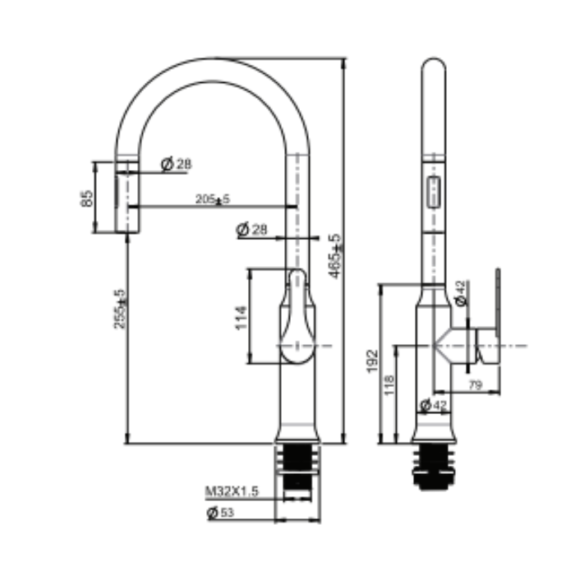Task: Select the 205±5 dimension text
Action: [212, 199]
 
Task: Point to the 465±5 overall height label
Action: [334, 256]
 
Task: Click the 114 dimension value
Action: [241, 316]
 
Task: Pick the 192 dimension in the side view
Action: [371, 359]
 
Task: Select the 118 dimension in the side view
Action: [389, 385]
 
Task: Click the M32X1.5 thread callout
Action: [232, 491]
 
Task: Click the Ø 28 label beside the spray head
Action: [176, 164]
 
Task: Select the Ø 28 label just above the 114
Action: [252, 230]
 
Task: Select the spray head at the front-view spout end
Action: [127, 197]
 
